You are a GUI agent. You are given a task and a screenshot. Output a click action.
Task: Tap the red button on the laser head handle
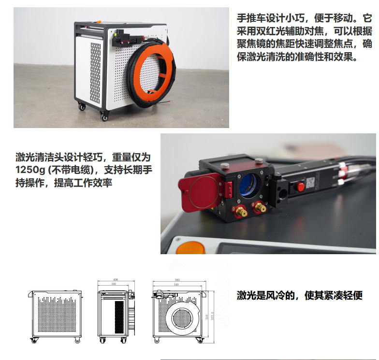(x=300, y=186)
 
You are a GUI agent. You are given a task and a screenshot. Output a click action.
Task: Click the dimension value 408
(x=116, y=280)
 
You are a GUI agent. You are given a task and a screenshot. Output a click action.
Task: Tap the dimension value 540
(x=177, y=285)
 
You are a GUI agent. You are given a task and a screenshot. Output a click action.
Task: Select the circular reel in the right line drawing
(x=182, y=319)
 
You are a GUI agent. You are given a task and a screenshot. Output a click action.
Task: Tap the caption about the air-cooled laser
(x=299, y=295)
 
